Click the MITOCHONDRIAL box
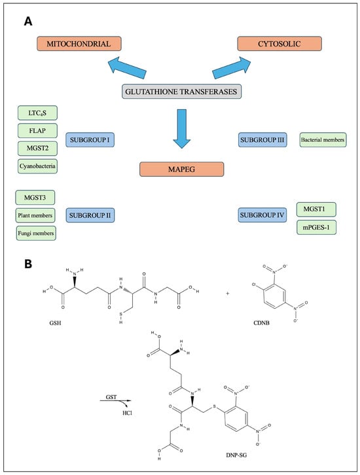click(79, 44)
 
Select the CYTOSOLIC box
click(279, 44)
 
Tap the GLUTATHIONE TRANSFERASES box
click(182, 92)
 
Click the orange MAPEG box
click(182, 169)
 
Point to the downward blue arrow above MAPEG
click(182, 129)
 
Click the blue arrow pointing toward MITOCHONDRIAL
click(127, 69)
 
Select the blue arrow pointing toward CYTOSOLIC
click(232, 68)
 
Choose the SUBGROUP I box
click(90, 140)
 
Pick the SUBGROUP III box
click(262, 140)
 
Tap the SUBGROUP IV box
click(262, 215)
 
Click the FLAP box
click(37, 131)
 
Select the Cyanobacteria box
click(37, 166)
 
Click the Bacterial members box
click(323, 140)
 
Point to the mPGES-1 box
click(316, 227)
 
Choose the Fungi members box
click(36, 234)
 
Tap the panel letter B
click(28, 264)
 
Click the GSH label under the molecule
click(55, 323)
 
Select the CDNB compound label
click(262, 323)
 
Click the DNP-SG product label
click(236, 455)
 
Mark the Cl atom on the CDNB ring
click(254, 285)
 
